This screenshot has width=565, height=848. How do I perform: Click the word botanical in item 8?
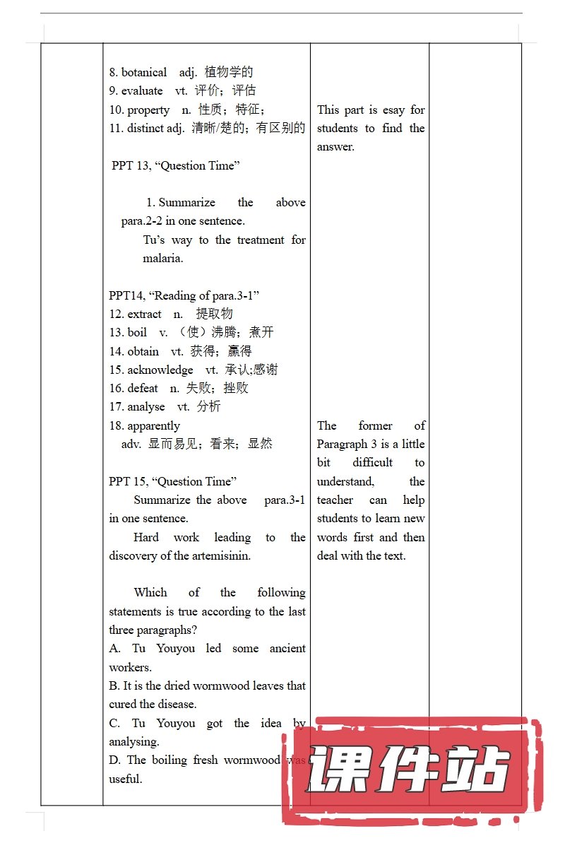coord(144,72)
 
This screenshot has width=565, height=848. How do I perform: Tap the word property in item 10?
coord(148,110)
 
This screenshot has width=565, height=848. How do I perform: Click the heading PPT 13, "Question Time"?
coord(176,165)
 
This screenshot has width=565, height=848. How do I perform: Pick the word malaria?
coord(162,258)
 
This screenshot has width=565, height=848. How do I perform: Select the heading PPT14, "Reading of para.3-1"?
coord(184,295)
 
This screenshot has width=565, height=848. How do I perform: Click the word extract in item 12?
coord(144,314)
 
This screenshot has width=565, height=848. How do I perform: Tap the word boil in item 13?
coord(137,332)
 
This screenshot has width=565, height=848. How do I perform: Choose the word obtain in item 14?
coord(143,351)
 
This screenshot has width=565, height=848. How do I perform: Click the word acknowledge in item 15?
coord(160,370)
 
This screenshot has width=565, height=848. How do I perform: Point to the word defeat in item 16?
coord(143,388)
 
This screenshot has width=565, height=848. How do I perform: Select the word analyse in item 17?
coord(146,406)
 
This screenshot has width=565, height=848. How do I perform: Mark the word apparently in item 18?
coord(153,425)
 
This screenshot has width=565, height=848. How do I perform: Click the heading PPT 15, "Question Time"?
coord(173,481)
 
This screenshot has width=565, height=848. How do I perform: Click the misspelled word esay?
coord(394,110)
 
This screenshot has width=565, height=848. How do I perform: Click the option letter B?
coord(114,685)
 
